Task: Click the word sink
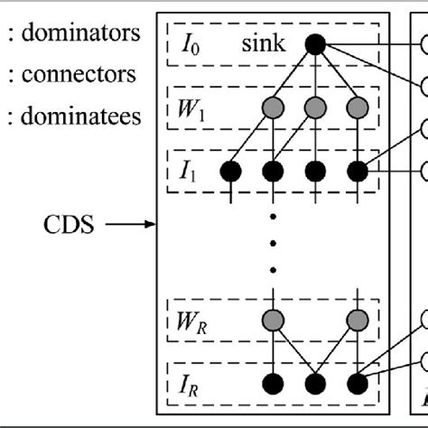click(x=262, y=43)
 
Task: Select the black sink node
click(x=315, y=43)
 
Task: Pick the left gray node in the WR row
click(x=272, y=320)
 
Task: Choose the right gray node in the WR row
click(x=358, y=320)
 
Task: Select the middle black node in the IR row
click(x=315, y=384)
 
